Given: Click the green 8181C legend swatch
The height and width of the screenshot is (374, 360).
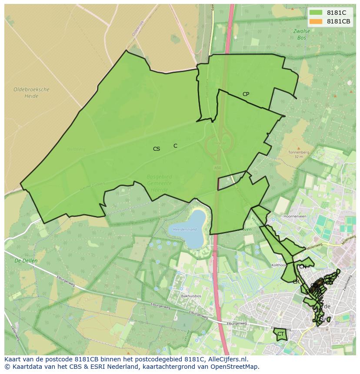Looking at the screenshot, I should click(316, 13).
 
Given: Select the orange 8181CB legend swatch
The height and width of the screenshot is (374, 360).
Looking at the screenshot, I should click(316, 21).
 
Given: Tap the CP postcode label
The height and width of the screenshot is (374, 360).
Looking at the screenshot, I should click(246, 94).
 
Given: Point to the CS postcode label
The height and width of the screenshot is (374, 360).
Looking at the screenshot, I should click(157, 149).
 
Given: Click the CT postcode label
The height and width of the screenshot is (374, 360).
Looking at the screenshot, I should click(280, 334).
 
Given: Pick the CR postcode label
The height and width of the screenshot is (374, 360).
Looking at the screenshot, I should click(296, 282).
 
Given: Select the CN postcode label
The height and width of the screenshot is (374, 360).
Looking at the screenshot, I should click(303, 267).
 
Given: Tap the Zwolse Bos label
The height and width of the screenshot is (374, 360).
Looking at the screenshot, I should click(302, 34).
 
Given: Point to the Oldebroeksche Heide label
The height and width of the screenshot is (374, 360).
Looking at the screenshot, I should click(31, 93).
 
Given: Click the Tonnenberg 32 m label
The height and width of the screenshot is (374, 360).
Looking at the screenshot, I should click(298, 154).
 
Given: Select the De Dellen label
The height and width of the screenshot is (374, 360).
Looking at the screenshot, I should click(26, 261).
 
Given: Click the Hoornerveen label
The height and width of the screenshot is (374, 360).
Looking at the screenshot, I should click(295, 215).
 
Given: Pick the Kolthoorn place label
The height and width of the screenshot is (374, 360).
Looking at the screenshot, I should click(278, 265).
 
